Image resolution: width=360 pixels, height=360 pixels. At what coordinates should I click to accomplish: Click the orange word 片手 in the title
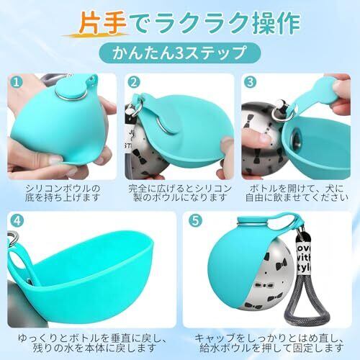pyautogui.click(x=102, y=23)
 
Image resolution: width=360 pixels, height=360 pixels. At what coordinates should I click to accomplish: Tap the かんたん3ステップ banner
pyautogui.click(x=179, y=53)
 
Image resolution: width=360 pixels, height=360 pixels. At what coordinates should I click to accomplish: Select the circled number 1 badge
pyautogui.click(x=17, y=82)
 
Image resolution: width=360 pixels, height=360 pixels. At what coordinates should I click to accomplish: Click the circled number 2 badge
pyautogui.click(x=134, y=82)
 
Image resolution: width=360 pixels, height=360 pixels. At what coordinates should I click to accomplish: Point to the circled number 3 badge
pyautogui.click(x=250, y=82)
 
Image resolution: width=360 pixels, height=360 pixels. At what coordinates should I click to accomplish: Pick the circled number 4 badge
pyautogui.click(x=17, y=221)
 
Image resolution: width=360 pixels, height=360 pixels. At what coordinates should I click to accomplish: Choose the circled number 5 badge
pyautogui.click(x=195, y=221)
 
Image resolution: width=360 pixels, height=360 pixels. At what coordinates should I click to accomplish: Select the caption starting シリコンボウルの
pyautogui.click(x=62, y=193)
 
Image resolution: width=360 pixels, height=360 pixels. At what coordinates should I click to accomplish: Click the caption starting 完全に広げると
pyautogui.click(x=179, y=193)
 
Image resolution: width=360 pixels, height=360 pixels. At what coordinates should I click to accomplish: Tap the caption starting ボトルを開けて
pyautogui.click(x=297, y=193)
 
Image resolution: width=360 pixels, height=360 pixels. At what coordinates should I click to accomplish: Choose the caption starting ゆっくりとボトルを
pyautogui.click(x=92, y=343)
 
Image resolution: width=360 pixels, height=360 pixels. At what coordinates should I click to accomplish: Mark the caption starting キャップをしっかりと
pyautogui.click(x=269, y=343)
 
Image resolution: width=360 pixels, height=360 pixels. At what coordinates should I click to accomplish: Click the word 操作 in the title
pyautogui.click(x=276, y=23)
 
